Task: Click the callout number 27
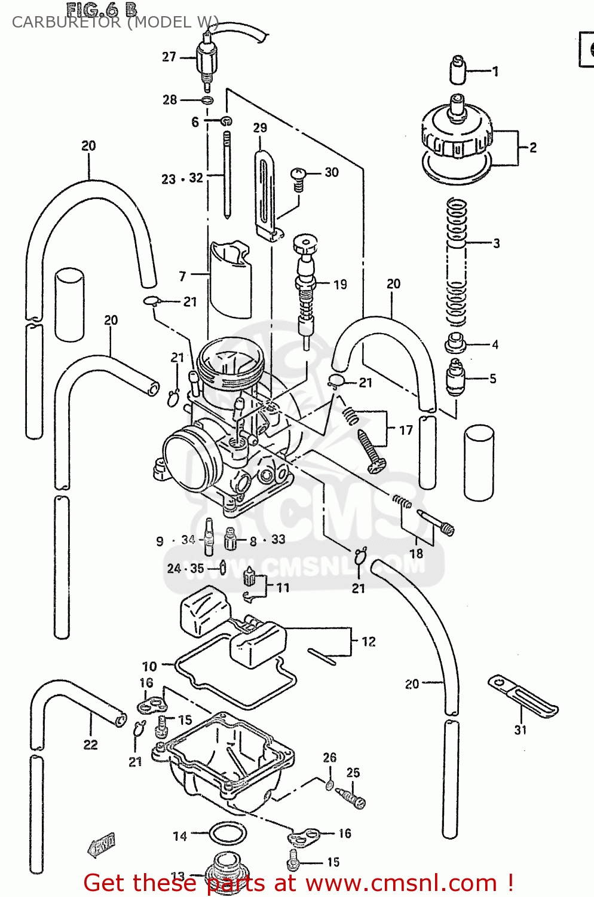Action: point(169,57)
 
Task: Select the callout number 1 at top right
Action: point(495,71)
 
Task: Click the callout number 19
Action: point(340,285)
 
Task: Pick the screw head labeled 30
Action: point(298,175)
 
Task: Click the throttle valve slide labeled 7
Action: point(230,281)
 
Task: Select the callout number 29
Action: point(260,128)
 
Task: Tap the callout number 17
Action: point(406,430)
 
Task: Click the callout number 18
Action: point(417,553)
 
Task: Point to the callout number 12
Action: point(369,642)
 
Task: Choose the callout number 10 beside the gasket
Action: point(149,666)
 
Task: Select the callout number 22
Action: point(90,745)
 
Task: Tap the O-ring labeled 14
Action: point(228,833)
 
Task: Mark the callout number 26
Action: point(330,758)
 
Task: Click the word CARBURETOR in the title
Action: point(66,23)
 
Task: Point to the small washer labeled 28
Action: point(207,100)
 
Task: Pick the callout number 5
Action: point(493,379)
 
